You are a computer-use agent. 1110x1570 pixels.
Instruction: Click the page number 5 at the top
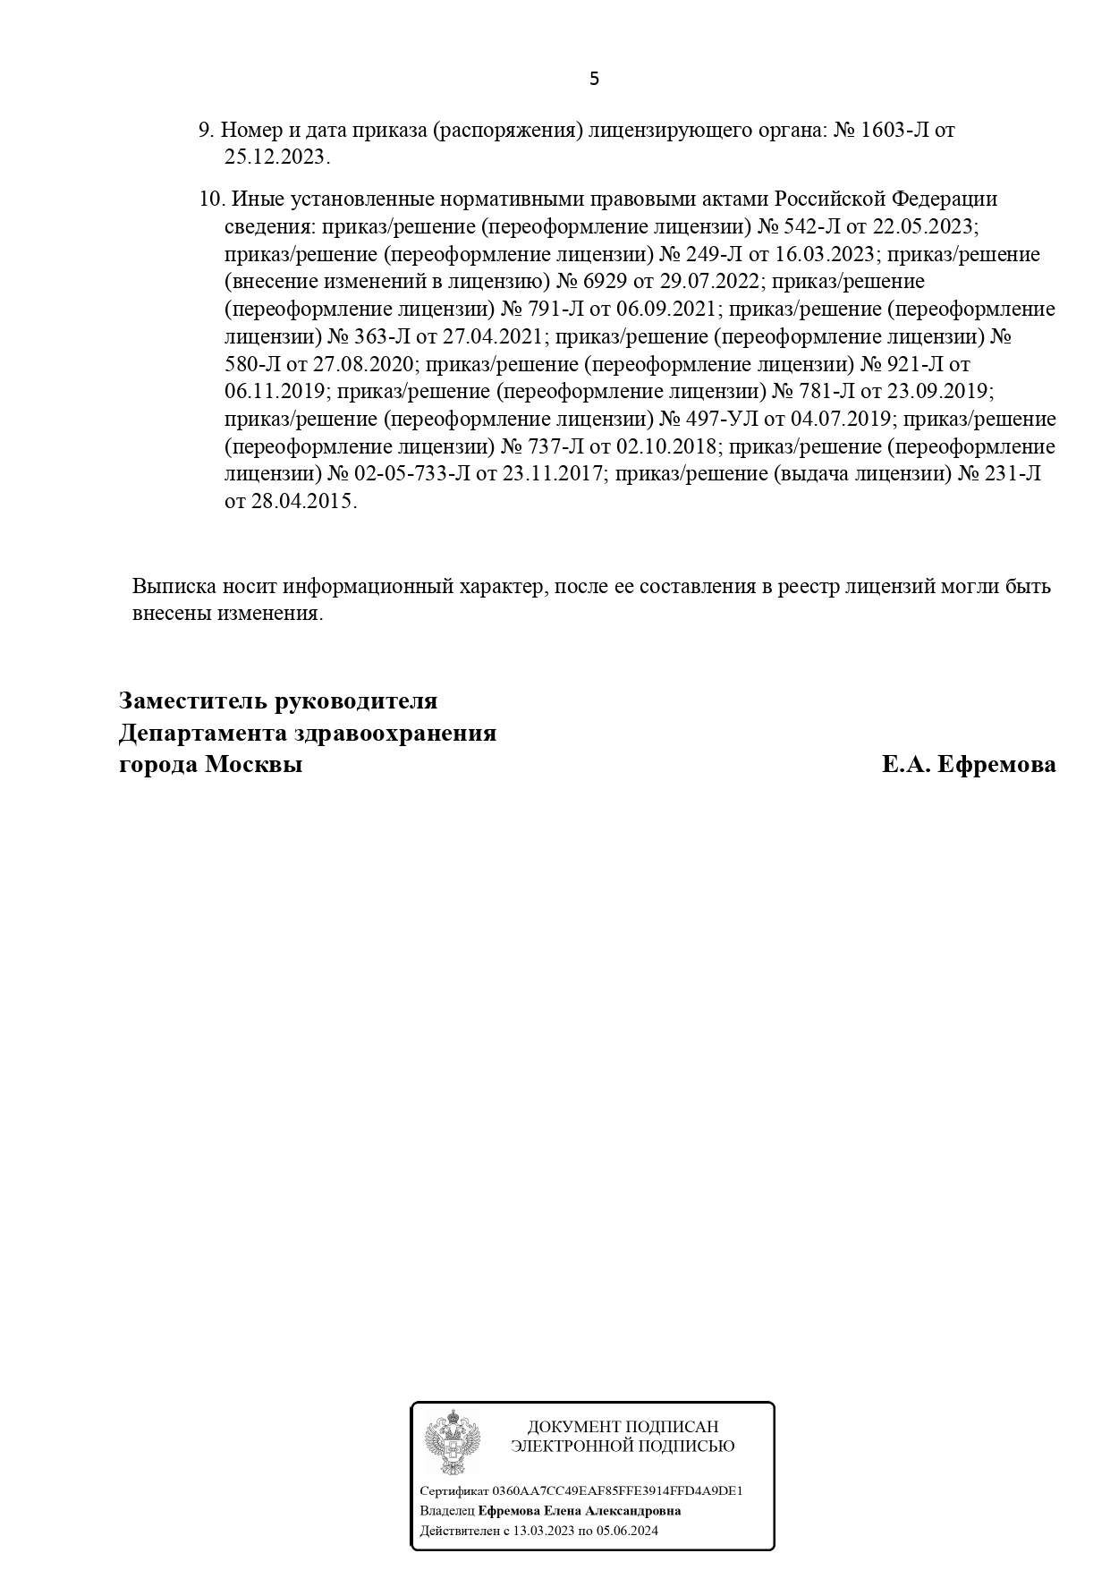click(595, 80)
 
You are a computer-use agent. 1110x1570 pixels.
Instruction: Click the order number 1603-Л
click(895, 131)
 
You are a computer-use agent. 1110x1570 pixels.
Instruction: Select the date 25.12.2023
click(276, 158)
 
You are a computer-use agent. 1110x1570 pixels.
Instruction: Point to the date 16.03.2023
click(823, 254)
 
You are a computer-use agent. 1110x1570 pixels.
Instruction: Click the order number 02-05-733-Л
click(411, 475)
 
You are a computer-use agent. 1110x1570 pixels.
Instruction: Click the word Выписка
click(172, 588)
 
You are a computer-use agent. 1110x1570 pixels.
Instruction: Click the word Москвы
click(253, 766)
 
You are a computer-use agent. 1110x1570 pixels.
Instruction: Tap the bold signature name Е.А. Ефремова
click(968, 766)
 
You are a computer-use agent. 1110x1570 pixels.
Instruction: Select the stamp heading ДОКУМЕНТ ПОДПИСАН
click(623, 1427)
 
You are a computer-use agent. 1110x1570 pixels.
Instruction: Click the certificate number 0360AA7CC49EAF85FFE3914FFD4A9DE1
click(618, 1491)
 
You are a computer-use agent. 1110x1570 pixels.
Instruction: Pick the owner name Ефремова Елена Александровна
click(580, 1511)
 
